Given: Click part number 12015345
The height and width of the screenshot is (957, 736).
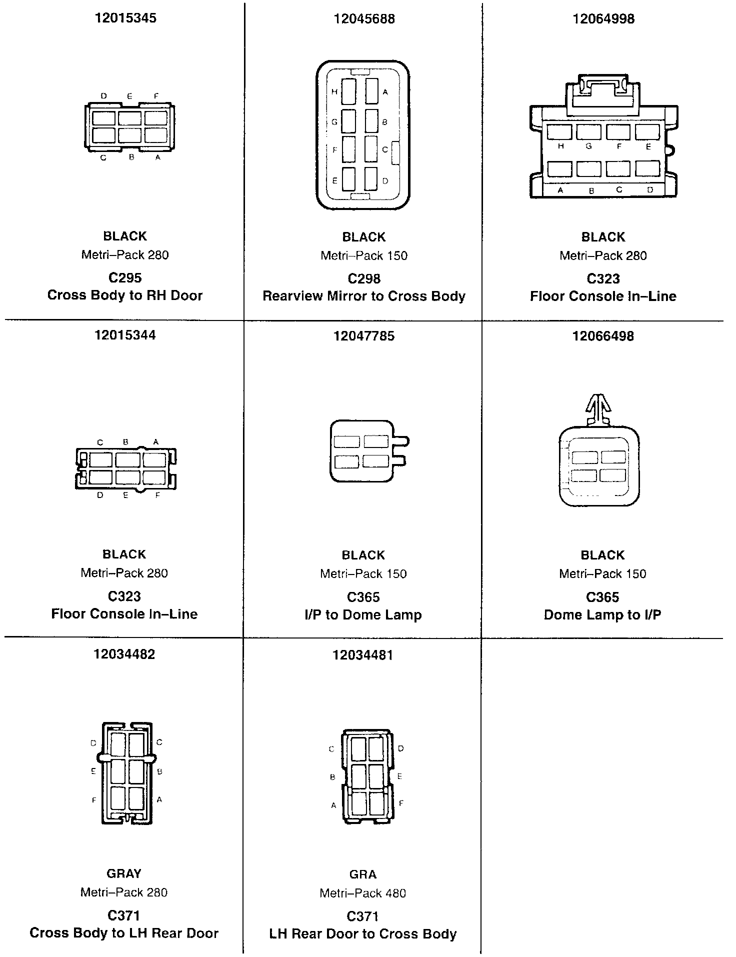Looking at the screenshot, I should (125, 18).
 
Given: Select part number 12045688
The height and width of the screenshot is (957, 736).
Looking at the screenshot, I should (364, 19).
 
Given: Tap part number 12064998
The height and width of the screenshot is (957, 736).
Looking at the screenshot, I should (603, 19).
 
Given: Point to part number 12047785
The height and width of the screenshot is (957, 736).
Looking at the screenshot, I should (363, 336).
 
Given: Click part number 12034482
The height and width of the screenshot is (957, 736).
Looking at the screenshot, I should (124, 654).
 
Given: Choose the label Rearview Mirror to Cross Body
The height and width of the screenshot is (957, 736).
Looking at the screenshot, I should (363, 296).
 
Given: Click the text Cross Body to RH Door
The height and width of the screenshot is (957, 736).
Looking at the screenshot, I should (125, 295).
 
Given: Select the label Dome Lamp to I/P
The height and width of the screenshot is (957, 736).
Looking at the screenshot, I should (602, 614).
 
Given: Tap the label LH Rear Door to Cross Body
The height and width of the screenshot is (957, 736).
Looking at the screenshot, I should (363, 934).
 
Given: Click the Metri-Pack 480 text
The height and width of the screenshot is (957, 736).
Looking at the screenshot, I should (363, 893).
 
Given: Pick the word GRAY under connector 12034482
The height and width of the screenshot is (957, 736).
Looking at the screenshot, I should (124, 873).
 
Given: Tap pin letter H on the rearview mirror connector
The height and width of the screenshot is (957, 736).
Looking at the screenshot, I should (334, 91).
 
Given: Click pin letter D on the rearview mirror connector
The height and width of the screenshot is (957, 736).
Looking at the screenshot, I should (385, 181).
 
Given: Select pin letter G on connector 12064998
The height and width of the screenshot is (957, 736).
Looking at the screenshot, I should (588, 146).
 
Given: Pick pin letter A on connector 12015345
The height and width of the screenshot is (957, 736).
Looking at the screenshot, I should (158, 157).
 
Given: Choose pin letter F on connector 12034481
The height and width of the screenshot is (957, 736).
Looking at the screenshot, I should (401, 803).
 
